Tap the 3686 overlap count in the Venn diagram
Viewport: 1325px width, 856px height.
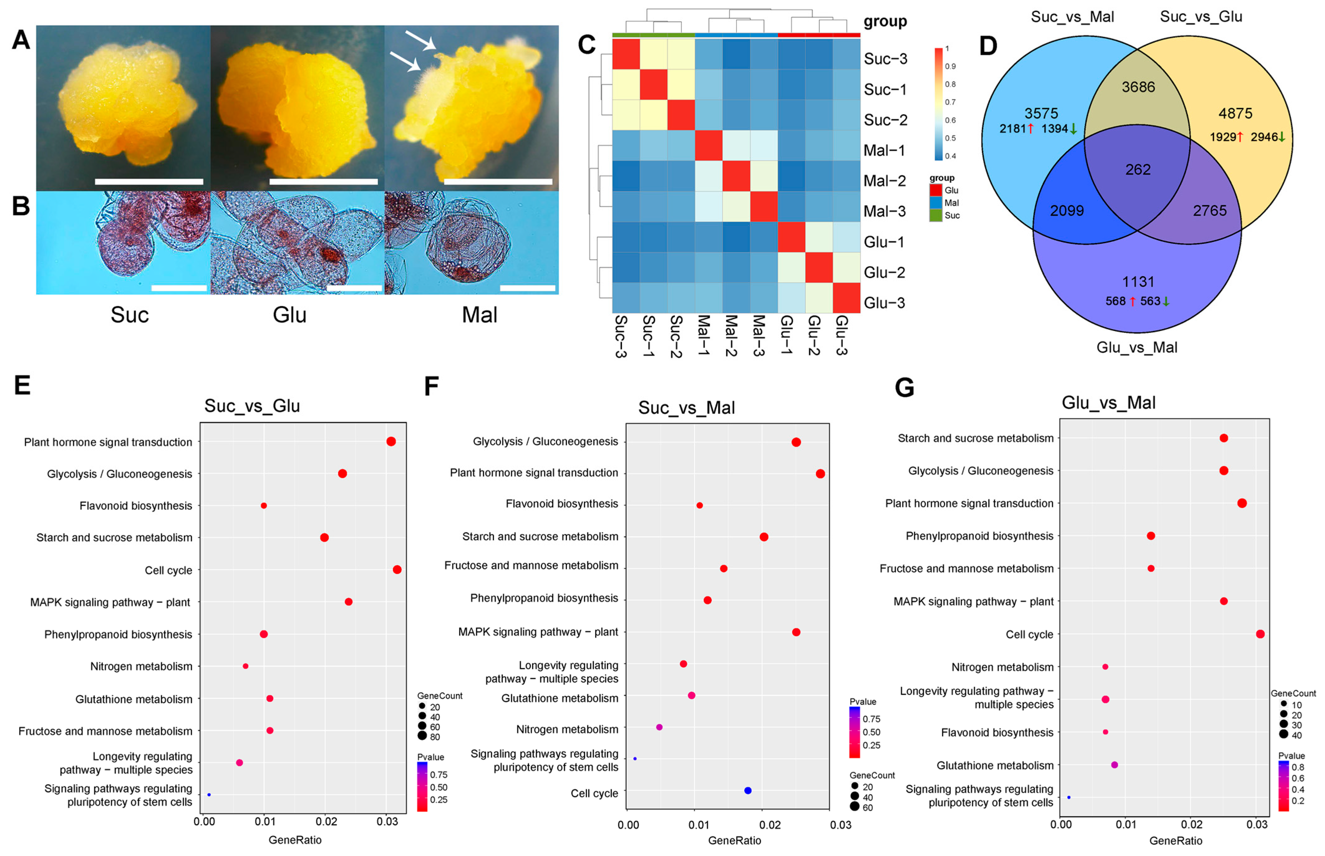click(x=1138, y=87)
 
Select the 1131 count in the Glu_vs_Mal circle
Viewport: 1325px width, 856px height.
click(x=1138, y=282)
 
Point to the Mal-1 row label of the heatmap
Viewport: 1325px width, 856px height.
click(x=884, y=150)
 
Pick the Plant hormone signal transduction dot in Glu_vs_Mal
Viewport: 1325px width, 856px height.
click(x=1242, y=503)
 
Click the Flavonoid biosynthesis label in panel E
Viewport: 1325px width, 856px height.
click(x=136, y=506)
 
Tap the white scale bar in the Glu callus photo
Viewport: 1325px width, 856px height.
click(x=323, y=181)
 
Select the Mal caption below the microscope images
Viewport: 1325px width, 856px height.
click(x=479, y=315)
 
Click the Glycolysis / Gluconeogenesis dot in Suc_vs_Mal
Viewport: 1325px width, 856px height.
click(x=796, y=442)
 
